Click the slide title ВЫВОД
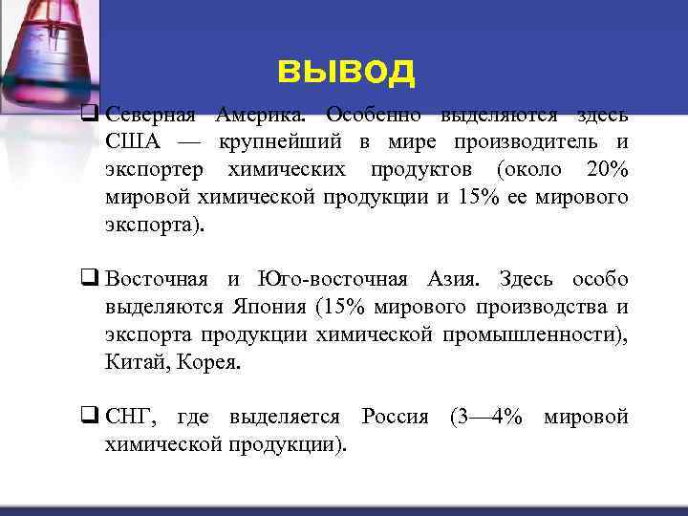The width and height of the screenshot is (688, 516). click(346, 71)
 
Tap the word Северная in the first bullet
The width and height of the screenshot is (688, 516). click(150, 116)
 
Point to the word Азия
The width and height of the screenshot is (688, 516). click(454, 280)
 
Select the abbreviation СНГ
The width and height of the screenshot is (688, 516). click(130, 418)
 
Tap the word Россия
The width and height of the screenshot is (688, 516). click(395, 418)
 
